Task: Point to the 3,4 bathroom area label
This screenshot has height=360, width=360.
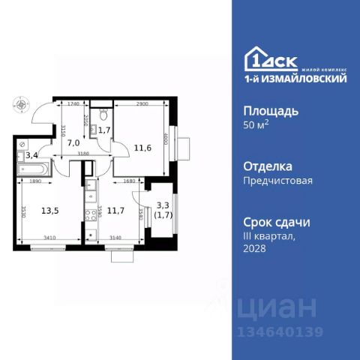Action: pos(31,156)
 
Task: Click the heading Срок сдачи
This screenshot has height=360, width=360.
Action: pos(277,222)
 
